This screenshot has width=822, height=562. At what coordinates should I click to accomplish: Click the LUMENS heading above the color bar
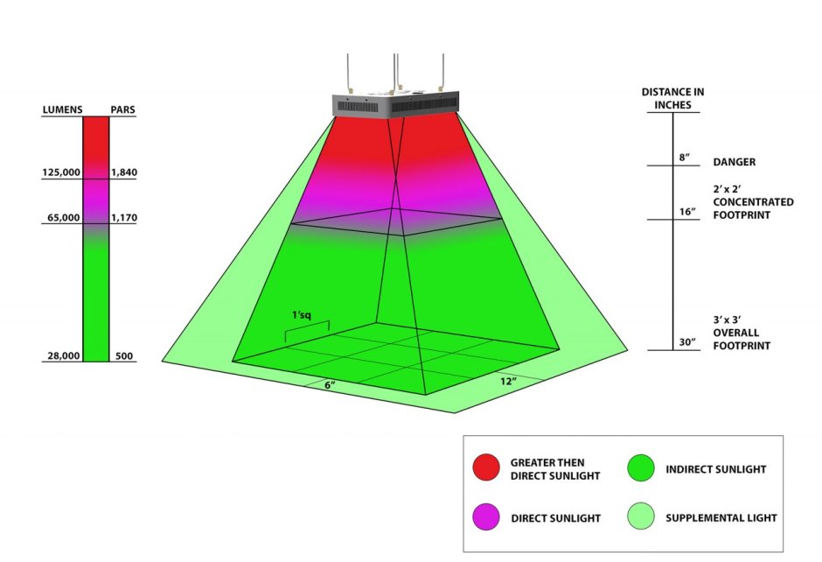[62, 109]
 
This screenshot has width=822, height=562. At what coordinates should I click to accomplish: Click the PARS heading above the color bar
[122, 109]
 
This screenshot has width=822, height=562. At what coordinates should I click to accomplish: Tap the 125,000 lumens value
[61, 172]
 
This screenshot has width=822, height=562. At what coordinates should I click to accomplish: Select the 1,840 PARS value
[124, 172]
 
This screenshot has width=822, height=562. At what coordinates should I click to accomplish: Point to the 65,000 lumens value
[64, 217]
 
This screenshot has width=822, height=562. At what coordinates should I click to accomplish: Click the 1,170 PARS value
[124, 217]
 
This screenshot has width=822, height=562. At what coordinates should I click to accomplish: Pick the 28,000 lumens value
[64, 355]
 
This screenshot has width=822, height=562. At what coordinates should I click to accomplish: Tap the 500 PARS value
[124, 355]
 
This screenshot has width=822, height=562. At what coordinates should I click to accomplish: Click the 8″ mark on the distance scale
[685, 158]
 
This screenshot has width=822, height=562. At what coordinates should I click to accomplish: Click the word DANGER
[735, 162]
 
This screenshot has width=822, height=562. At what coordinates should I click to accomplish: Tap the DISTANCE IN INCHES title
[673, 98]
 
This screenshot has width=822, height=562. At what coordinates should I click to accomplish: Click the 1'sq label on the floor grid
[302, 315]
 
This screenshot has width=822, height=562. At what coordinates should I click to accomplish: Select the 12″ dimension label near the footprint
[508, 381]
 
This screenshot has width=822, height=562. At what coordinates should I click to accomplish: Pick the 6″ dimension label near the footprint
[330, 384]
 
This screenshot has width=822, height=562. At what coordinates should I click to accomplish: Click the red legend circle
[486, 467]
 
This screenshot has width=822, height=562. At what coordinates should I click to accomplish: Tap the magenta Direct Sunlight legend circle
[486, 516]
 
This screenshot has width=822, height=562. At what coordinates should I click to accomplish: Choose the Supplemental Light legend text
[721, 518]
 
